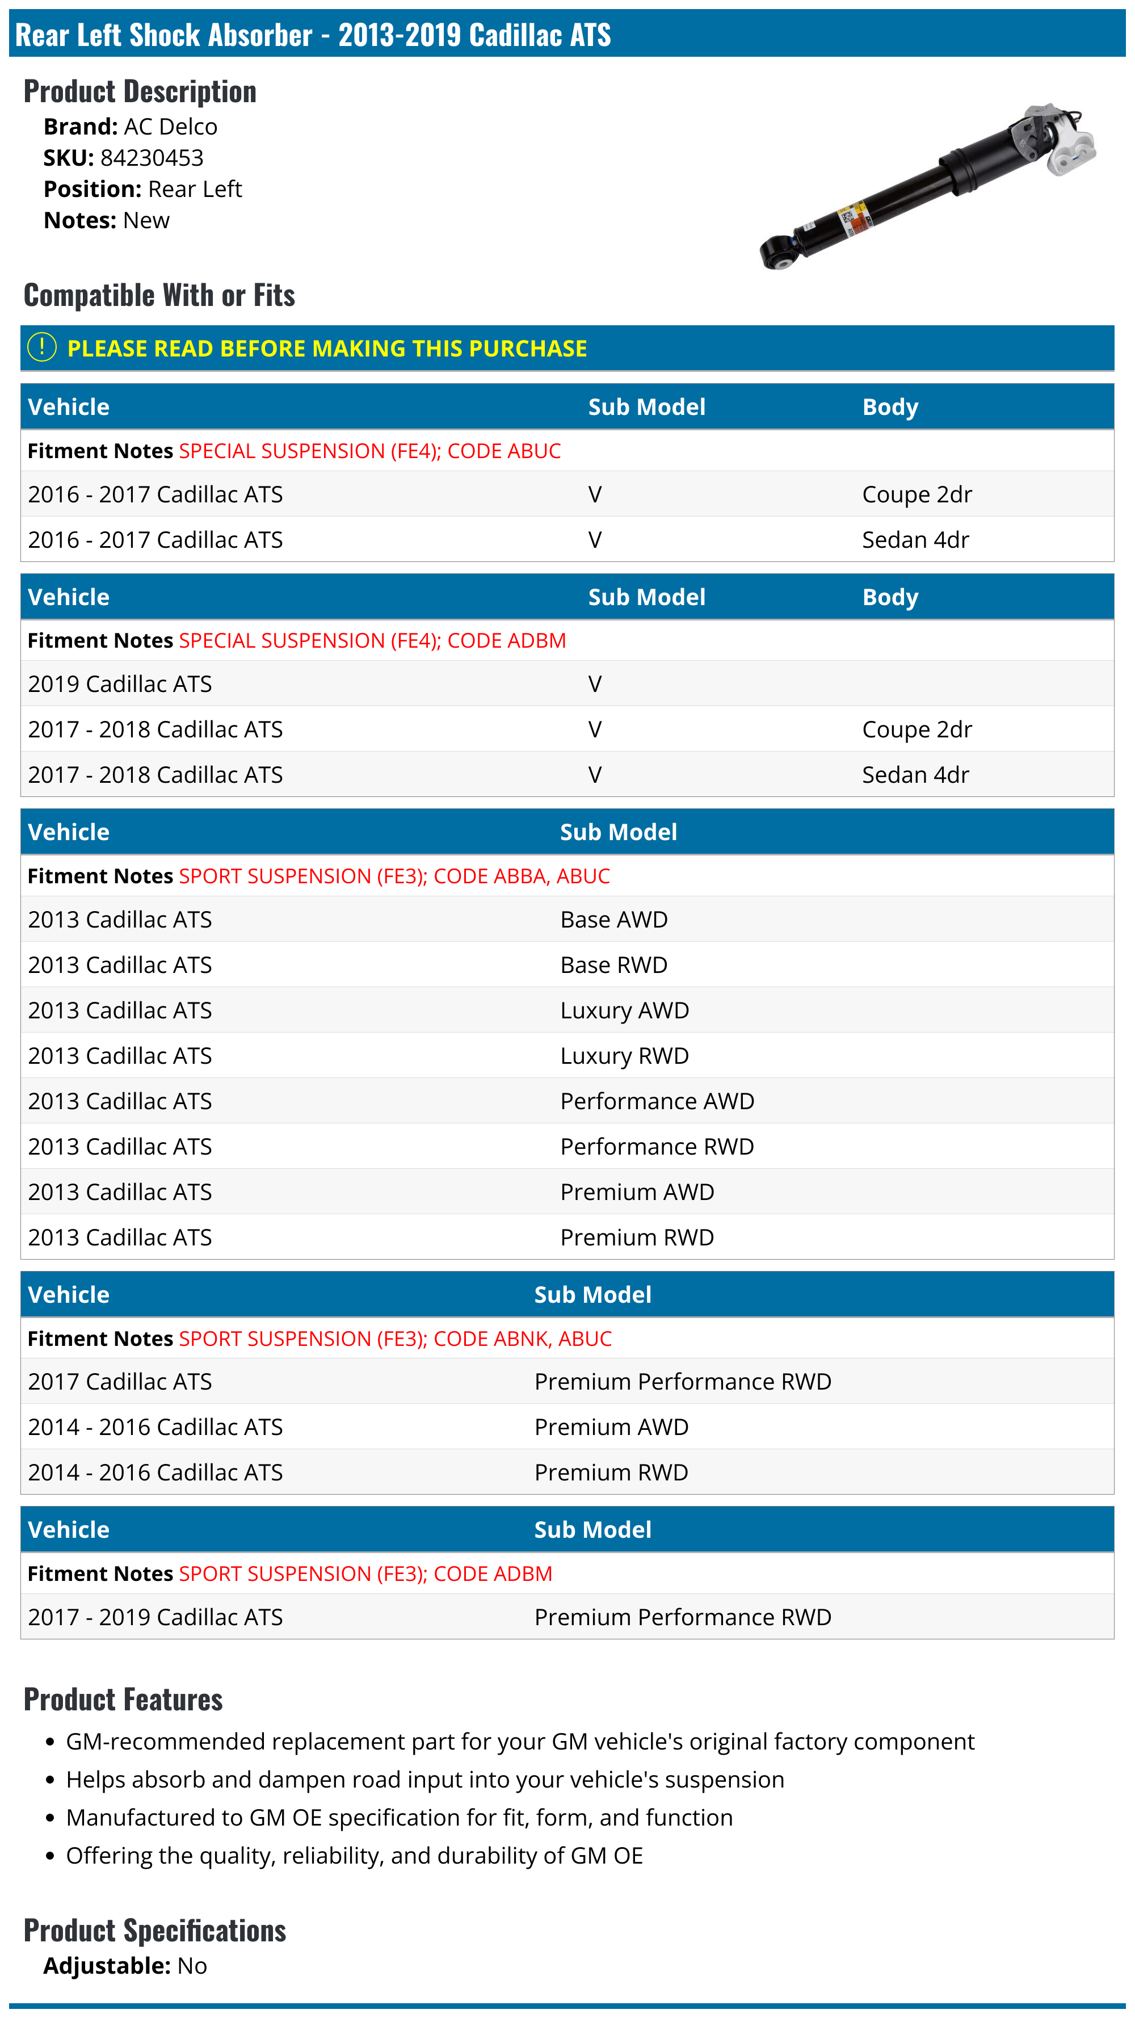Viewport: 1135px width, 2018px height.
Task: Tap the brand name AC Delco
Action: pos(170,127)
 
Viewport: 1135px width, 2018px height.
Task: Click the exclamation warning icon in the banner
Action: pos(41,347)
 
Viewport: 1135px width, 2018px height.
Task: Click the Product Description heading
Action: pos(140,91)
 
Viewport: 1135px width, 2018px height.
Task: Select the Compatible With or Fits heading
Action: pos(159,295)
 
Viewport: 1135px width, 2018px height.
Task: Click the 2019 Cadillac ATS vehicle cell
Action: pos(120,684)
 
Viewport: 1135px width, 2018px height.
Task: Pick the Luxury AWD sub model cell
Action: pos(624,1010)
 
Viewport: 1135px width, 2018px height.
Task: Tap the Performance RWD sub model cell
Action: pos(657,1147)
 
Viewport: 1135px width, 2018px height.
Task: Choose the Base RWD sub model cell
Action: pos(613,965)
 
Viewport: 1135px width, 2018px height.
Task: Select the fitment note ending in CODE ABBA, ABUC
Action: pos(394,876)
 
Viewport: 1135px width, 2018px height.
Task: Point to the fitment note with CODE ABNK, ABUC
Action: pos(395,1339)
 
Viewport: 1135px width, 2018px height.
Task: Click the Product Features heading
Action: pos(123,1700)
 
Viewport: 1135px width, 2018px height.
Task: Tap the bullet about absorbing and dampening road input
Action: pos(424,1780)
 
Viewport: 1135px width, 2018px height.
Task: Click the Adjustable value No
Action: pos(192,1966)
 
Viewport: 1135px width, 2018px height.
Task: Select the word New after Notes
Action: pos(146,221)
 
